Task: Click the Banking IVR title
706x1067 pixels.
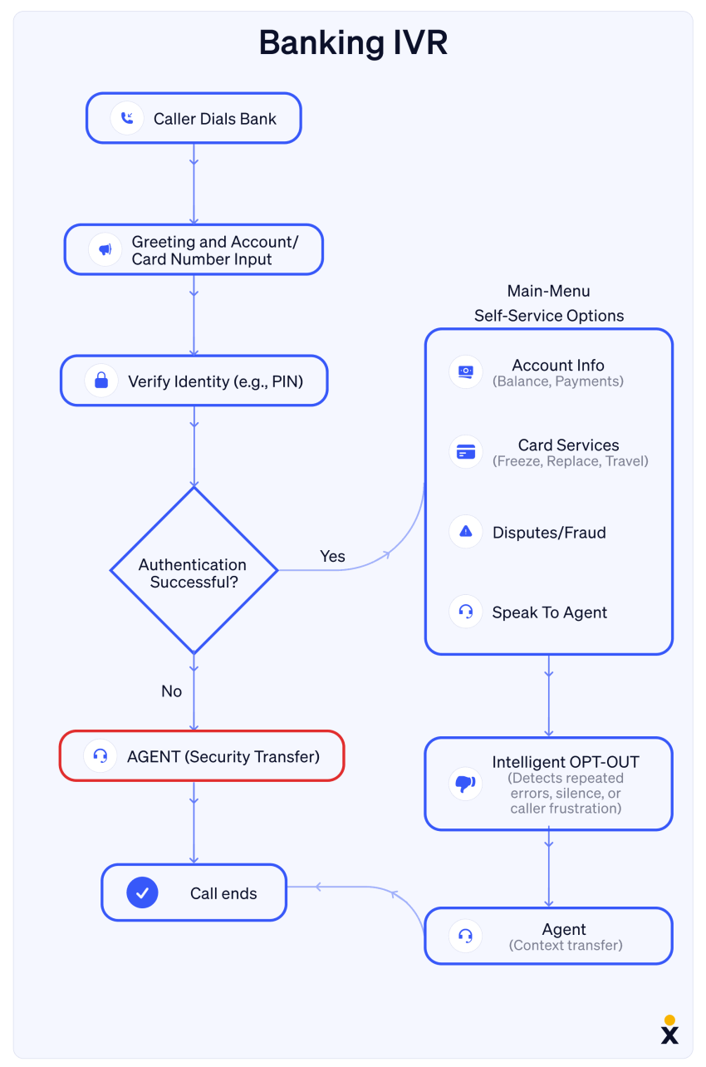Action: tap(353, 42)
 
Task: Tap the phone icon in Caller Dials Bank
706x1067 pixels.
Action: tap(127, 118)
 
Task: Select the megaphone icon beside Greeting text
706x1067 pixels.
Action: tap(105, 249)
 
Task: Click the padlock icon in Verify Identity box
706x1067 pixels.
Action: tap(101, 381)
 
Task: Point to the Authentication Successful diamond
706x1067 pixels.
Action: tap(194, 571)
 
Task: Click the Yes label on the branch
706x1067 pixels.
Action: tap(332, 556)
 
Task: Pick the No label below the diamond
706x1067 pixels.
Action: tap(171, 691)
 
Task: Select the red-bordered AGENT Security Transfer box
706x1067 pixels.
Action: tap(202, 755)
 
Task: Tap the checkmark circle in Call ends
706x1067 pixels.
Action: tap(142, 892)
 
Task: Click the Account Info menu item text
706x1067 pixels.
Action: tap(557, 365)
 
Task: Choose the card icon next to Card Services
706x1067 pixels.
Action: tap(466, 451)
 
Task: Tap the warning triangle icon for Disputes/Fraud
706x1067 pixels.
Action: tap(466, 532)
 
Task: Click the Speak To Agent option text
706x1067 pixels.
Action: tap(549, 612)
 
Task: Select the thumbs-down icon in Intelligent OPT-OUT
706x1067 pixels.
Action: tap(465, 783)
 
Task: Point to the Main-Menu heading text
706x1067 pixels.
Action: tap(548, 291)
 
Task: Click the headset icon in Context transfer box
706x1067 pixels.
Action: tap(466, 936)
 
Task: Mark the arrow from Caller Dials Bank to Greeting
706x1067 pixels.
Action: tap(194, 183)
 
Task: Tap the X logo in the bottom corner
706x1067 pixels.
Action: tap(669, 1033)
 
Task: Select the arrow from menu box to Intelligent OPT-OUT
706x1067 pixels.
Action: tap(548, 696)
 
